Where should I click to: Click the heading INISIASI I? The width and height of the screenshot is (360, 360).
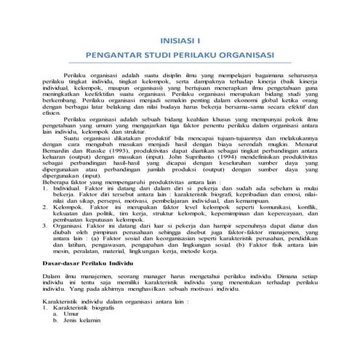click(x=179, y=41)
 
